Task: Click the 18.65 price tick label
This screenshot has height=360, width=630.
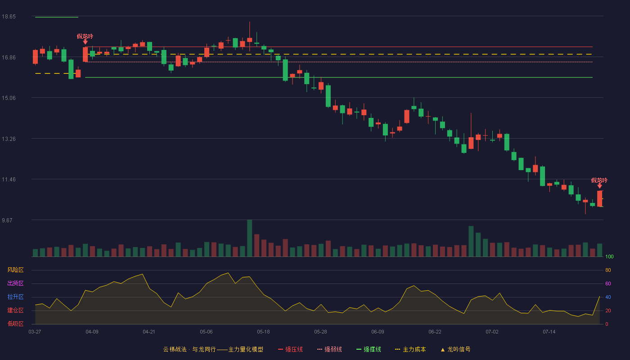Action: (x=9, y=17)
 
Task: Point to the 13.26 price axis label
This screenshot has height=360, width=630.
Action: (x=9, y=139)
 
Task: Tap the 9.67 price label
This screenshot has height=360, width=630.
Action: (x=7, y=220)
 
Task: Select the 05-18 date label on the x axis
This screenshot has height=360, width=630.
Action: (x=263, y=332)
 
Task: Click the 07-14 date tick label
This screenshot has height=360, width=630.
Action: (x=549, y=332)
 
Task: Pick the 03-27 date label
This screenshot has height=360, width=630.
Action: (x=35, y=332)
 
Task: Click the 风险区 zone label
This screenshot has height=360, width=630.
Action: (x=15, y=270)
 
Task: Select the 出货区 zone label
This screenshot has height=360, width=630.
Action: (x=15, y=283)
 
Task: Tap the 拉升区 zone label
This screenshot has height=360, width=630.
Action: (x=15, y=297)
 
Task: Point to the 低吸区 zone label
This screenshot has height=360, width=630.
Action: (x=15, y=324)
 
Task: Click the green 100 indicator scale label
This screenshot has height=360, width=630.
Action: (x=609, y=256)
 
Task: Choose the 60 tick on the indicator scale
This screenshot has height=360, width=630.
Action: (x=608, y=283)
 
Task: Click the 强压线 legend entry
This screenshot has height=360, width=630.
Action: (x=290, y=349)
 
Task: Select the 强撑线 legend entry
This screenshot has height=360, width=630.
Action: (x=369, y=349)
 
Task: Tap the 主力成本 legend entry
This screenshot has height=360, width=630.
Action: (x=410, y=349)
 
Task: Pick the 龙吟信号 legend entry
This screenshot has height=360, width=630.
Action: (x=455, y=349)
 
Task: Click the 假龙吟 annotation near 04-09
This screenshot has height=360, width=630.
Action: (x=85, y=36)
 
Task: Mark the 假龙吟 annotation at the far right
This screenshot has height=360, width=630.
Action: (x=599, y=180)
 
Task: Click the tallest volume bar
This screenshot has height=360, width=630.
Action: (x=249, y=238)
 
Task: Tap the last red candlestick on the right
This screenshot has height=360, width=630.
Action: (x=599, y=198)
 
